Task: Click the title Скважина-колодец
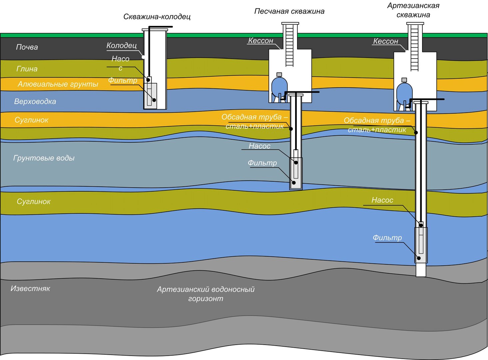coord(157,17)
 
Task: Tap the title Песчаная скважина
coord(289,11)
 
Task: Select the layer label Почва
coord(27,47)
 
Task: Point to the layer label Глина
coord(27,69)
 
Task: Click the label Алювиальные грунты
coord(58,84)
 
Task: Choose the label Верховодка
coord(35,101)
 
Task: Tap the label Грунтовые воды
coord(44,158)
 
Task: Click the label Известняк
coord(30,288)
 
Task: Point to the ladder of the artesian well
coord(414,48)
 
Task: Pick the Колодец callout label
coord(122,45)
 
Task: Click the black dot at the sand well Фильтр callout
coord(294,183)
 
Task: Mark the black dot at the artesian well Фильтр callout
coord(419,258)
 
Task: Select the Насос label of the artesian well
coord(382,200)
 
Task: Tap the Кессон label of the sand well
coord(260,41)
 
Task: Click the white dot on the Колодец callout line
coord(143,57)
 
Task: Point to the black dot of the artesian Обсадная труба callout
coord(416,132)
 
